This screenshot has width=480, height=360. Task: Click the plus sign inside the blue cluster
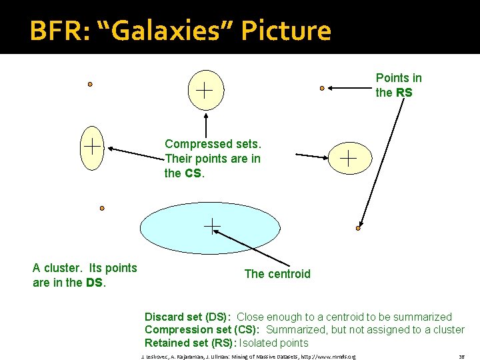pyautogui.click(x=212, y=227)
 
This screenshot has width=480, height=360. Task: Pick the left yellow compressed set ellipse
pyautogui.click(x=91, y=147)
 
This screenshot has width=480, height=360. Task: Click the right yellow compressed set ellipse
pyautogui.click(x=349, y=158)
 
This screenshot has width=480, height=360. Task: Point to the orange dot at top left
pyautogui.click(x=90, y=85)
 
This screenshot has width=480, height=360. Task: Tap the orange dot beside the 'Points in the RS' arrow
pyautogui.click(x=322, y=87)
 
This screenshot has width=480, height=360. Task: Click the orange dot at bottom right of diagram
pyautogui.click(x=358, y=228)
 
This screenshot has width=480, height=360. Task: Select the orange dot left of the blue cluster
pyautogui.click(x=102, y=208)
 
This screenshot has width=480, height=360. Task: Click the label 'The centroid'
pyautogui.click(x=277, y=274)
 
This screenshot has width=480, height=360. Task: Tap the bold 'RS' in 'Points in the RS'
pyautogui.click(x=404, y=93)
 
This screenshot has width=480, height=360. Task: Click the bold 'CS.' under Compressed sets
pyautogui.click(x=193, y=173)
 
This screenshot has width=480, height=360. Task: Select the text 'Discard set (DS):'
pyautogui.click(x=188, y=317)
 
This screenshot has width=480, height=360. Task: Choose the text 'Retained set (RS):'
pyautogui.click(x=189, y=343)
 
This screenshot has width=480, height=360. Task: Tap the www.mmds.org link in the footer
pyautogui.click(x=334, y=356)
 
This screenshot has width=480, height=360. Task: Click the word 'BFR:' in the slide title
pyautogui.click(x=53, y=31)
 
